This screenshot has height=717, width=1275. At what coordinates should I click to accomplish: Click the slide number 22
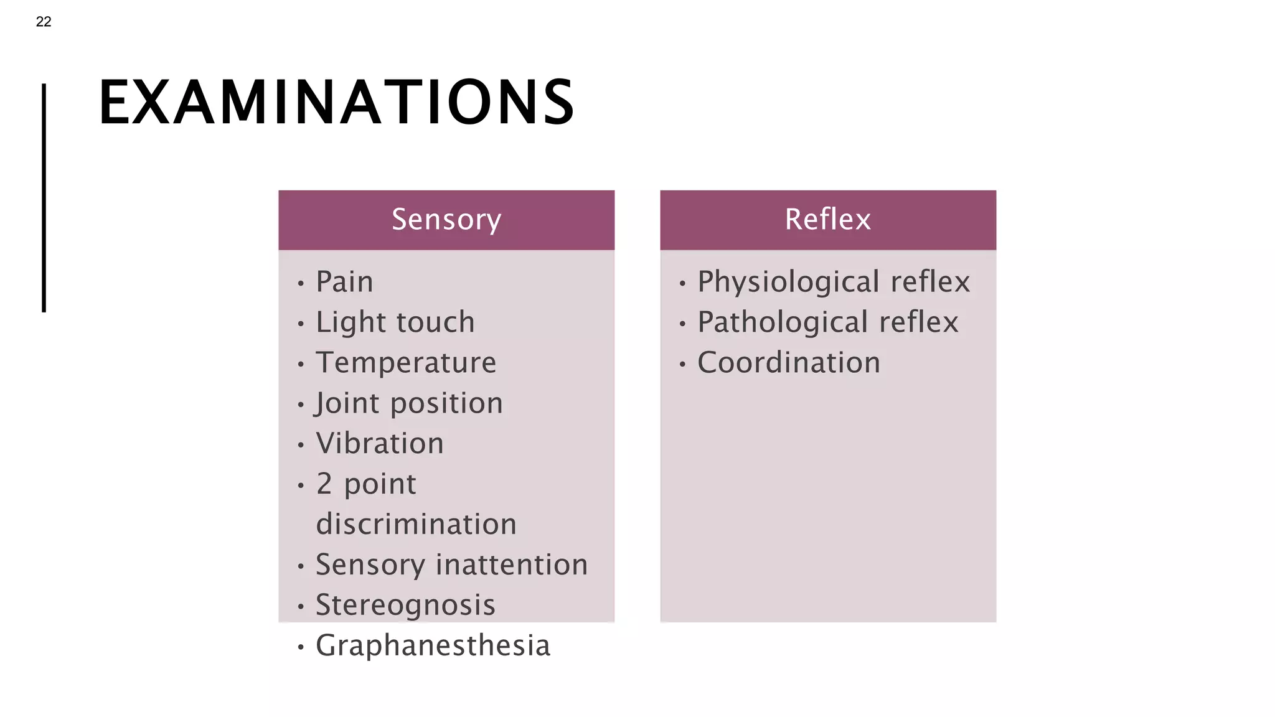tap(44, 22)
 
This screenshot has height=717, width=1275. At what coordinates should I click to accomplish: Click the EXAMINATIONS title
tap(336, 103)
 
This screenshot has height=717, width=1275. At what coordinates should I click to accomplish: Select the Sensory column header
tap(446, 220)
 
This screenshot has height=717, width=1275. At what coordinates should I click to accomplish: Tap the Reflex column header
tap(827, 220)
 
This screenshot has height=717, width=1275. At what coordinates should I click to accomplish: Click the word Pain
tap(344, 282)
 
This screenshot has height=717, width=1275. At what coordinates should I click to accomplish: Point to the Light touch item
tap(395, 322)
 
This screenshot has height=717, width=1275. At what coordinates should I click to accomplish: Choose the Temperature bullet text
tap(406, 363)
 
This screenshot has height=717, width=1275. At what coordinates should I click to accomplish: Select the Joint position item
tap(409, 403)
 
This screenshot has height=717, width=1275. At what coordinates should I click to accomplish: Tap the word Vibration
tap(380, 444)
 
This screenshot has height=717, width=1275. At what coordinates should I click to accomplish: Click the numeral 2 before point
tap(324, 484)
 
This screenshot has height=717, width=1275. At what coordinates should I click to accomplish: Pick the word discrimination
tap(416, 525)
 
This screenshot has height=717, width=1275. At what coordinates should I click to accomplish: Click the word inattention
tap(512, 565)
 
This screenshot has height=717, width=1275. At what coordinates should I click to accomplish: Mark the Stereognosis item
tap(405, 606)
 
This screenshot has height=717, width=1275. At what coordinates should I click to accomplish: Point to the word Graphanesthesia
tap(433, 646)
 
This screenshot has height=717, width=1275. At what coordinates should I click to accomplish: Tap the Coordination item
tap(789, 363)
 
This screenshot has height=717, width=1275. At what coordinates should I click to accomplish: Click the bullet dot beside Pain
tap(301, 284)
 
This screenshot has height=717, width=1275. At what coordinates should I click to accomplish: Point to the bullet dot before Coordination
tap(682, 365)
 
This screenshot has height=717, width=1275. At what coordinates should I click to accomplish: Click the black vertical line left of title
tap(44, 198)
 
